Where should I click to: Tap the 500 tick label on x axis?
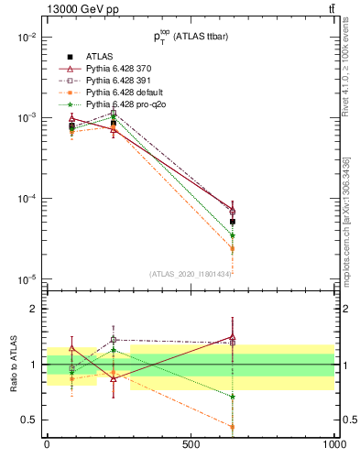pos(191,444)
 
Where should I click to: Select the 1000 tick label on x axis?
pos(333,444)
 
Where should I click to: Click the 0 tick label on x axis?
pos(47,444)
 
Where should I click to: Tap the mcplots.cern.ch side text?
pos(347,234)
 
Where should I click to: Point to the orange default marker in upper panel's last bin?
pos(233,248)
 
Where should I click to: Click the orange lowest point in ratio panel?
pos(233,427)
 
